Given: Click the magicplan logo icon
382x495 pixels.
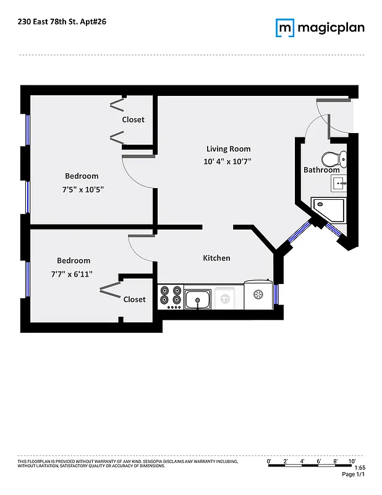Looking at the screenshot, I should pyautogui.click(x=285, y=28).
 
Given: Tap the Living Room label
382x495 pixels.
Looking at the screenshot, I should pyautogui.click(x=228, y=148).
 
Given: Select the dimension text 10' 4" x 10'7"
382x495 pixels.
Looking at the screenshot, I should pyautogui.click(x=228, y=161).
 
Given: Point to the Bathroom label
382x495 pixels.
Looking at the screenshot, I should pyautogui.click(x=321, y=170).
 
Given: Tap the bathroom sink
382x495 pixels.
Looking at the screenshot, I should pyautogui.click(x=339, y=183).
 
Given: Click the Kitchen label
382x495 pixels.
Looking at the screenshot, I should pyautogui.click(x=216, y=258).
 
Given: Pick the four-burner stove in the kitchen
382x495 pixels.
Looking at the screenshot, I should pyautogui.click(x=170, y=297).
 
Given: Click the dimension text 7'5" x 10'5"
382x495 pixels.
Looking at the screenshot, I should pyautogui.click(x=82, y=190).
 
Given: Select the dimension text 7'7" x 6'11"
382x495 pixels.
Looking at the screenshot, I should pyautogui.click(x=74, y=273).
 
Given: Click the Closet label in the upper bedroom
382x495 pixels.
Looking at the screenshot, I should pyautogui.click(x=133, y=119).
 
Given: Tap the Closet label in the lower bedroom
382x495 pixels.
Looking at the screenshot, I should pyautogui.click(x=134, y=299).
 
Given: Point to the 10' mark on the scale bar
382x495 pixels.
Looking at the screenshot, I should pyautogui.click(x=352, y=461).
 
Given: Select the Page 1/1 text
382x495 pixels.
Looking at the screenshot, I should pyautogui.click(x=354, y=475).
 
